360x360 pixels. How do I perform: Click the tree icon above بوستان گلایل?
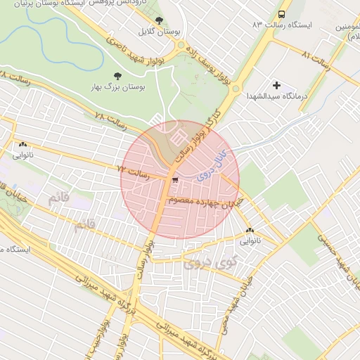pyautogui.click(x=159, y=20)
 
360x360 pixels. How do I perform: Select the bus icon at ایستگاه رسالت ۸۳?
pyautogui.click(x=282, y=14)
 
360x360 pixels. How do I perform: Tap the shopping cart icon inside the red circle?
pyautogui.click(x=174, y=180)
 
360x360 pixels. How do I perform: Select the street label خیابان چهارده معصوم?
pyautogui.click(x=206, y=202)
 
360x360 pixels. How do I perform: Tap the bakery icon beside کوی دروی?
pyautogui.click(x=250, y=230)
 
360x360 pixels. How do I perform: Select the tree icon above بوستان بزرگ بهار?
pyautogui.click(x=117, y=75)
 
